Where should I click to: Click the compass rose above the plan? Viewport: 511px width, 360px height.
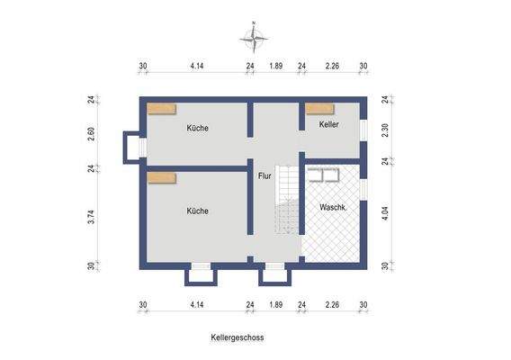(256, 38)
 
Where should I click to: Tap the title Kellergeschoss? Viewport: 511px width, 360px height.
(238, 339)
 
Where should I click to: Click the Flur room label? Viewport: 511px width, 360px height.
(264, 176)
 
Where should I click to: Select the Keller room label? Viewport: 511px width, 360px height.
(328, 125)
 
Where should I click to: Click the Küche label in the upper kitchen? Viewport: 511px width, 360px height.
(198, 128)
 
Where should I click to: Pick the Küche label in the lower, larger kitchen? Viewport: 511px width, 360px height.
(198, 211)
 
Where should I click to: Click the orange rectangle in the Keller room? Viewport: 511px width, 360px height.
(318, 109)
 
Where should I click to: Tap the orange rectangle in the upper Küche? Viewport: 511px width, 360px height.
(162, 109)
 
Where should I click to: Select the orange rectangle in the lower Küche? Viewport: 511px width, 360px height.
(162, 178)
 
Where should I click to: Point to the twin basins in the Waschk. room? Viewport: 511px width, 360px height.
(323, 176)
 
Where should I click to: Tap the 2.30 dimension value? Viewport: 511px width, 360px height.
(385, 129)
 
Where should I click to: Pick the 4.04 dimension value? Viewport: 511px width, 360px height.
(385, 216)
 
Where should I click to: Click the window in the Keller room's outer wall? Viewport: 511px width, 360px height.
(365, 130)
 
